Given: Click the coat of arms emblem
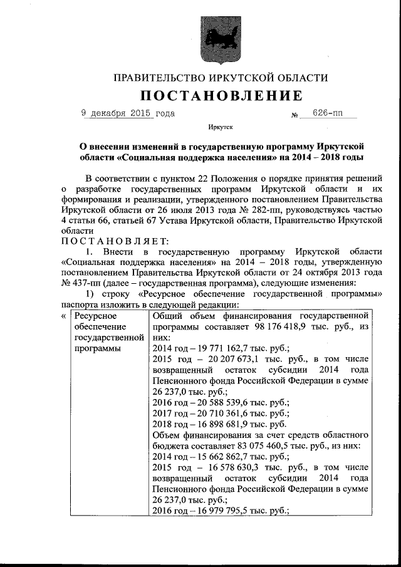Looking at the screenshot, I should click(217, 39).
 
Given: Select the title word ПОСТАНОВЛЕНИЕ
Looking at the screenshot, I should click(220, 96).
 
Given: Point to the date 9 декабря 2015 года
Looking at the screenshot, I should click(128, 113).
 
